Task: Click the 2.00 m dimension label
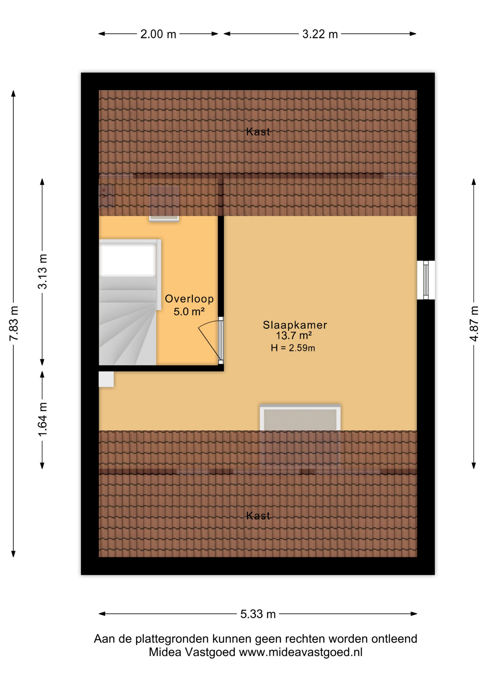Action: pyautogui.click(x=158, y=34)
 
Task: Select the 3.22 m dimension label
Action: pyautogui.click(x=320, y=34)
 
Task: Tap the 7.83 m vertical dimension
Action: pyautogui.click(x=14, y=324)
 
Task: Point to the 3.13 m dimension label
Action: pyautogui.click(x=43, y=271)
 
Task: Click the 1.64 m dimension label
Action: pyautogui.click(x=43, y=419)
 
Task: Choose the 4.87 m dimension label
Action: pyautogui.click(x=474, y=324)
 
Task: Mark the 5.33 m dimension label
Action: pyautogui.click(x=258, y=614)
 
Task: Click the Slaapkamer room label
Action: pyautogui.click(x=295, y=325)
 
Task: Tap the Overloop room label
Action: pyautogui.click(x=189, y=299)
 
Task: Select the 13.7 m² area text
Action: pyautogui.click(x=294, y=336)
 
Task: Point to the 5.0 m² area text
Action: pyautogui.click(x=189, y=311)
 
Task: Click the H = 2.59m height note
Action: pyautogui.click(x=293, y=348)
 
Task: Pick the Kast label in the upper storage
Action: pyautogui.click(x=258, y=132)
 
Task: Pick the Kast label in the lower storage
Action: pyautogui.click(x=258, y=516)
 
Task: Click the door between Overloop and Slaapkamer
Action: pyautogui.click(x=211, y=340)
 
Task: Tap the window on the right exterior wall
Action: pyautogui.click(x=426, y=280)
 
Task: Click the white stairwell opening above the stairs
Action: pyautogui.click(x=128, y=260)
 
